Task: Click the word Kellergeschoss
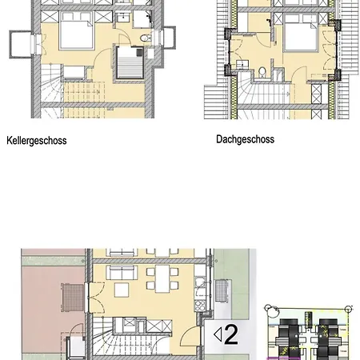point(37,141)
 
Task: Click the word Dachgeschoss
point(245,139)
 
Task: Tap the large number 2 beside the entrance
point(231,334)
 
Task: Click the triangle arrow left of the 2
point(218,334)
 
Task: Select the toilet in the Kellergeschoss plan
point(146,38)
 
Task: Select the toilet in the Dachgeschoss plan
point(262,72)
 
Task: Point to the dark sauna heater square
point(140,52)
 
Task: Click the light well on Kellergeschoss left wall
point(21,44)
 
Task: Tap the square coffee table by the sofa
point(122,290)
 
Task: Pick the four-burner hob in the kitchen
point(200,306)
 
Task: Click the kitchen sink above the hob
point(200,282)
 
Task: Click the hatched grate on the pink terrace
point(73,298)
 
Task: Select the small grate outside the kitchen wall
point(221,290)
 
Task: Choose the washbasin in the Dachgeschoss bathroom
point(242,65)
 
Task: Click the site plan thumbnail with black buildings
point(309,333)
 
